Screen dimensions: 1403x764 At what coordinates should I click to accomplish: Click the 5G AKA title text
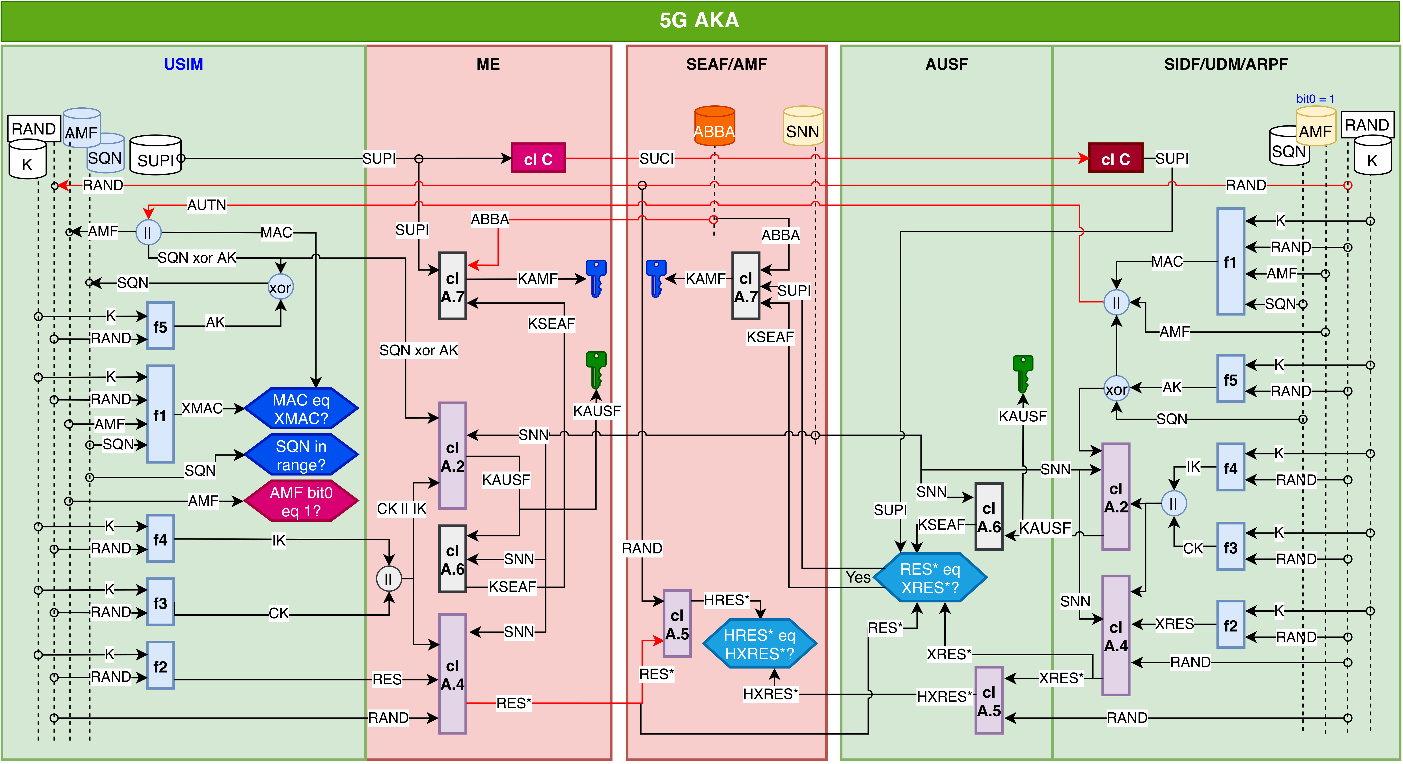point(699,20)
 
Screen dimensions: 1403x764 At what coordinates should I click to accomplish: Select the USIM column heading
point(184,64)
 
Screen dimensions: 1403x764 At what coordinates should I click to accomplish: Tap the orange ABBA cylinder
point(715,126)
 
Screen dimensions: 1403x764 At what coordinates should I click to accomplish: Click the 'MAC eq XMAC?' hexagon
point(301,409)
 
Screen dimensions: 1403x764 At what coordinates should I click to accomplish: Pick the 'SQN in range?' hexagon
point(301,455)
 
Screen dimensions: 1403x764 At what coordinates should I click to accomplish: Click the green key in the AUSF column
point(1023,374)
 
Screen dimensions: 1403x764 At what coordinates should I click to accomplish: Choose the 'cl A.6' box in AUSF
point(989,517)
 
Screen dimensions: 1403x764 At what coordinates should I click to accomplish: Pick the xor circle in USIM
point(281,287)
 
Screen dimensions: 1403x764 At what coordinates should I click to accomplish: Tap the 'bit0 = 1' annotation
point(1315,99)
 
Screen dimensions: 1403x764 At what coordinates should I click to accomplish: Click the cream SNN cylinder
point(803,126)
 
